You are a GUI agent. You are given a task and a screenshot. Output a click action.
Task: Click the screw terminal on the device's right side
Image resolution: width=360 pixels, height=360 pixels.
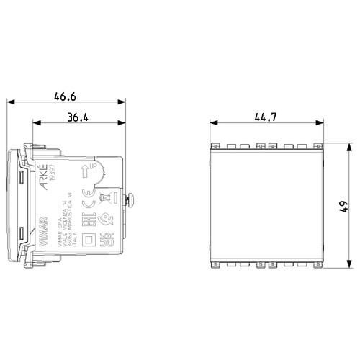coord(131,199)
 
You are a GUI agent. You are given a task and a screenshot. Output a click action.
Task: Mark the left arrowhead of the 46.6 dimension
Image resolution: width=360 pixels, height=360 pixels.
coord(10,102)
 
